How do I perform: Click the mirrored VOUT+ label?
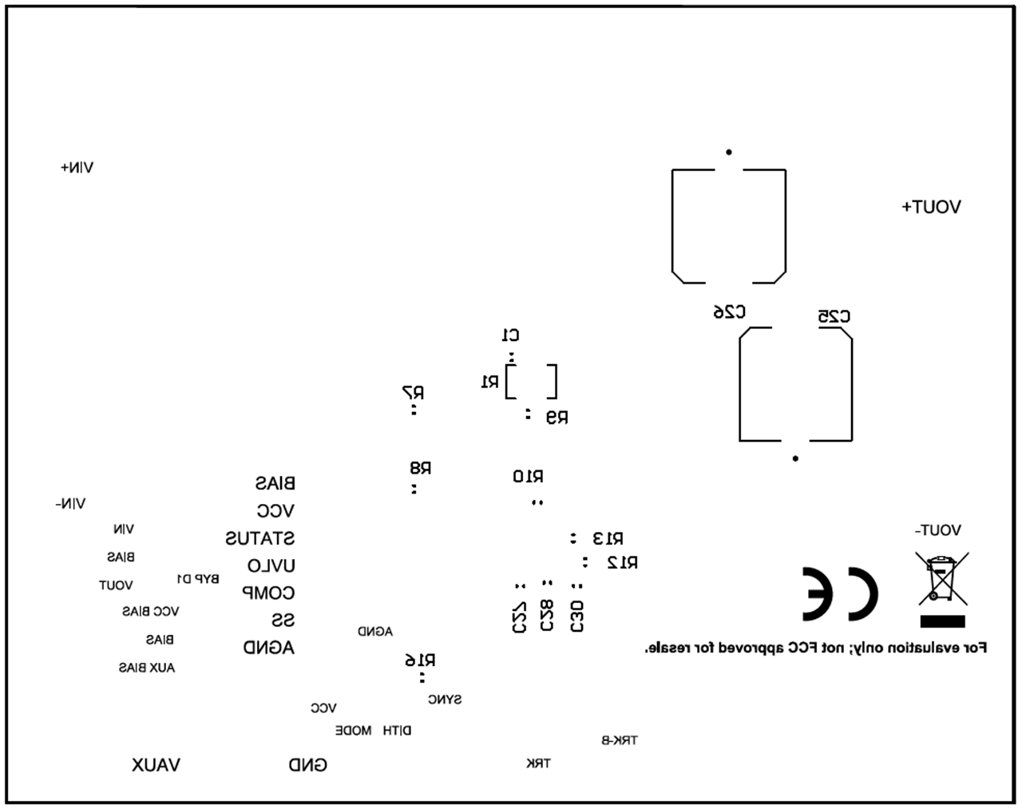tap(931, 207)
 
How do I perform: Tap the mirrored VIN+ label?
tap(77, 168)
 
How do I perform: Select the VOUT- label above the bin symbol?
tap(937, 530)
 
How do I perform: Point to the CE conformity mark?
tap(839, 594)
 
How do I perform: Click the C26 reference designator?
tap(729, 311)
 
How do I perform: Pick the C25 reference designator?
tap(834, 316)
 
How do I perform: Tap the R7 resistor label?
tap(413, 393)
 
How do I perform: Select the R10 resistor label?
tap(528, 477)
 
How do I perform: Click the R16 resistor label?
tap(420, 660)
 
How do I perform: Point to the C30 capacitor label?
tap(577, 617)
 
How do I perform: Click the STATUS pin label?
tap(259, 538)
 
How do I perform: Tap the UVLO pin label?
tap(271, 566)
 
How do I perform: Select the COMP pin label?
tap(268, 593)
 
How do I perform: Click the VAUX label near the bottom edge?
tap(156, 765)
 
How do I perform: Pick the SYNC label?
tap(445, 700)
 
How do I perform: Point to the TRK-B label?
tap(619, 740)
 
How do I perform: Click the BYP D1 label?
tap(197, 579)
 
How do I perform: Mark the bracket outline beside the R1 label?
tap(531, 381)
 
